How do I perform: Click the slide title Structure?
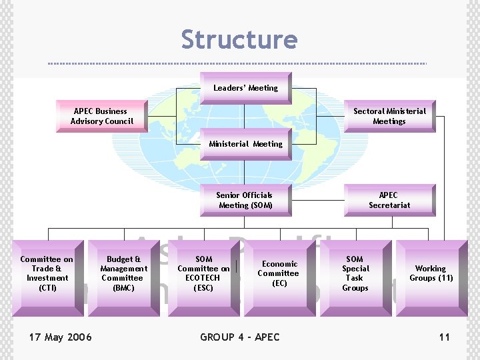pos(239,39)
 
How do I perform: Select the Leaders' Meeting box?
pos(245,88)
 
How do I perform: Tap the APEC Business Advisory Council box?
pos(102,116)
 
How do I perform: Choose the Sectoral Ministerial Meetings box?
pos(389,116)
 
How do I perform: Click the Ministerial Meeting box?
pos(245,144)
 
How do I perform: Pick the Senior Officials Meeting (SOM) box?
pos(245,200)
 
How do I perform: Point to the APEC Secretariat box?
pos(389,200)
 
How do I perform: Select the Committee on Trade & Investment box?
pos(47,273)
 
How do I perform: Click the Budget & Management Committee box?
pos(123,273)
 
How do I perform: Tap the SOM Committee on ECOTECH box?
pos(203,273)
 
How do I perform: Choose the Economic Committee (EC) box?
pos(278,273)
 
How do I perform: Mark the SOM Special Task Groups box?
pos(355,273)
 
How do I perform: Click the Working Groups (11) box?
pos(430,273)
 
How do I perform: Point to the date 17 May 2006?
pos(61,337)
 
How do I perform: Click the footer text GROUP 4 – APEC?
pos(240,337)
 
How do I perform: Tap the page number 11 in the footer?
pos(444,337)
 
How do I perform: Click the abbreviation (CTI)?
pos(47,288)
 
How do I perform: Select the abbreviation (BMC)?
pos(123,288)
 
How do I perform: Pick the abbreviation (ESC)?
pos(203,288)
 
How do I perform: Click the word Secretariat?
pos(389,205)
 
